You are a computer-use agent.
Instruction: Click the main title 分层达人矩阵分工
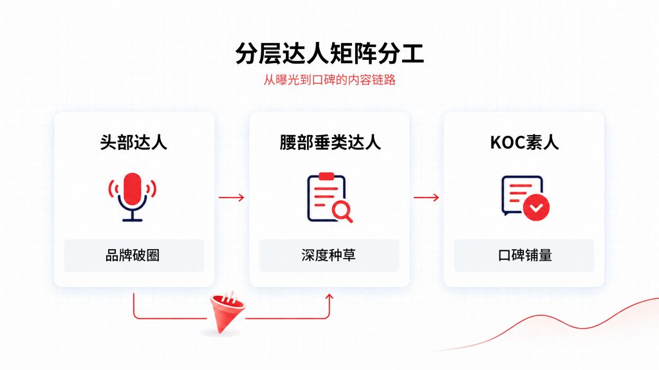[329, 53]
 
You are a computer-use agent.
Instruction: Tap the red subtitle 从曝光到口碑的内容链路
[329, 79]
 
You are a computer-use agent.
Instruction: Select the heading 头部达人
[134, 143]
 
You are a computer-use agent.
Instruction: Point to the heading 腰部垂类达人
[330, 143]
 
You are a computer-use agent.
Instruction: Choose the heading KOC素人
[524, 143]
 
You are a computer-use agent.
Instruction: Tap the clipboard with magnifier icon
[329, 197]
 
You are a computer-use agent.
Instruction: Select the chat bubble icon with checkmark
[525, 198]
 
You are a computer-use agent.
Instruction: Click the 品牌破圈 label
[133, 255]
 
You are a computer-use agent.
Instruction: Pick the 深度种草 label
[329, 255]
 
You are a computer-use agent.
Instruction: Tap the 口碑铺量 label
[524, 255]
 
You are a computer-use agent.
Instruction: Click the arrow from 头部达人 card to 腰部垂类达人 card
[231, 197]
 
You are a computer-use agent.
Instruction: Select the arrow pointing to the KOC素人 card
[426, 197]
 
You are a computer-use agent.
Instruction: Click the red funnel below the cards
[227, 312]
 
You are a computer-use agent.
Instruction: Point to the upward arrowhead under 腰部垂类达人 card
[329, 297]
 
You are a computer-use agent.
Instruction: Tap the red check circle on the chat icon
[536, 207]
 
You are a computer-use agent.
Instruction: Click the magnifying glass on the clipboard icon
[342, 210]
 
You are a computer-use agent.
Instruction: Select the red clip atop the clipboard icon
[326, 176]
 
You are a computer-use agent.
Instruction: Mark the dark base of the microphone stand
[133, 219]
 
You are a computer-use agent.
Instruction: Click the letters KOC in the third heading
[507, 143]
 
